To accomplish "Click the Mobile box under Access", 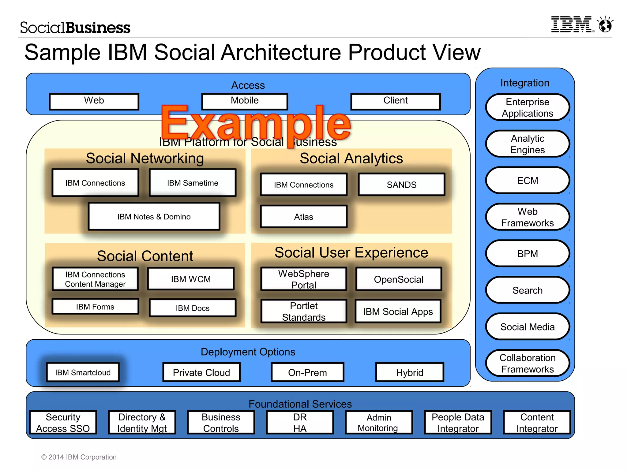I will click(x=245, y=101).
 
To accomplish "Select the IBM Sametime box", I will click(x=193, y=183).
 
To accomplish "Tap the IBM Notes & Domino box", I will click(x=154, y=217).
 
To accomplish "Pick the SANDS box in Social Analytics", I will click(x=401, y=185).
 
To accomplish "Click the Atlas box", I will click(x=303, y=217).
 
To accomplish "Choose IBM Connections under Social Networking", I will click(x=95, y=183).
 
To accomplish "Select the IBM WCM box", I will click(x=191, y=279).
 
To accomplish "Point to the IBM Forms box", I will click(x=95, y=307).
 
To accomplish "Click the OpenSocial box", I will click(x=398, y=279).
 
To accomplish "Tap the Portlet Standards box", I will click(x=304, y=311).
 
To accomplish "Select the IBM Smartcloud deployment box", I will click(x=83, y=372).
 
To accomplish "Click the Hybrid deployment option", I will click(x=410, y=372).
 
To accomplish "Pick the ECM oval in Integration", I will click(x=528, y=181).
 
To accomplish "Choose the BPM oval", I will click(x=528, y=254).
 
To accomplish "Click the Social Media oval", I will click(x=528, y=327).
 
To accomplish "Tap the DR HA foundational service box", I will click(x=300, y=423).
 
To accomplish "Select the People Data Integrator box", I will click(x=458, y=423).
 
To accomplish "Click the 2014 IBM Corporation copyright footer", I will click(x=79, y=457).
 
